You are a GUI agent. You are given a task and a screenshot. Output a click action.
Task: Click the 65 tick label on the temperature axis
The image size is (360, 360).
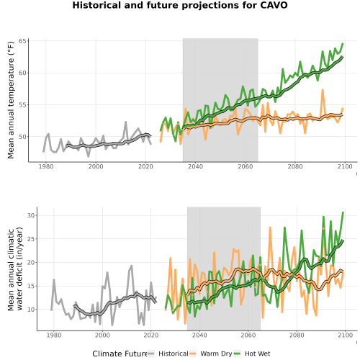(x=22, y=41)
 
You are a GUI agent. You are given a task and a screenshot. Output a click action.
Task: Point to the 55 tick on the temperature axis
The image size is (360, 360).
(x=22, y=105)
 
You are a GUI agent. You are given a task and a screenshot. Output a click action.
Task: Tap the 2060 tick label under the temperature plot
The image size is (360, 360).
(x=246, y=166)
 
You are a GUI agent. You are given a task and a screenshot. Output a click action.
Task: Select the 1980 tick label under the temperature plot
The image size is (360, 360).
(x=46, y=166)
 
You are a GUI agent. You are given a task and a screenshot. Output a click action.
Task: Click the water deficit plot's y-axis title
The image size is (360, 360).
(x=15, y=269)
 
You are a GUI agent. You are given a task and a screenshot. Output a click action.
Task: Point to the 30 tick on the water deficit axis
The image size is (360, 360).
(x=31, y=215)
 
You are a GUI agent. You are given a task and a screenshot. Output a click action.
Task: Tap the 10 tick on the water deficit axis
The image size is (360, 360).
(x=31, y=310)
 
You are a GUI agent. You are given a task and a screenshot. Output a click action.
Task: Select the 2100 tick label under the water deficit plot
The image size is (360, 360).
(x=345, y=335)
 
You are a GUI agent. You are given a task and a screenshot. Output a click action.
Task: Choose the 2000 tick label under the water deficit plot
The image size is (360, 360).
(x=102, y=335)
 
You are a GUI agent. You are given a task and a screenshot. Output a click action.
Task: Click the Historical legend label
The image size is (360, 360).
(x=174, y=354)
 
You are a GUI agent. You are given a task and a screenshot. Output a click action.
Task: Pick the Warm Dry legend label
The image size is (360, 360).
(x=216, y=354)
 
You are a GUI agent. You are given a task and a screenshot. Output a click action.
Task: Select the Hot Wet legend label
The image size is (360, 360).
(x=258, y=354)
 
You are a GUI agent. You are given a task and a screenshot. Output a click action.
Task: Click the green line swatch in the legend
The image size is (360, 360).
(x=237, y=354)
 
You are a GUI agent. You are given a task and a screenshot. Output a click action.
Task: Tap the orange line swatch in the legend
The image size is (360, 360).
(x=193, y=354)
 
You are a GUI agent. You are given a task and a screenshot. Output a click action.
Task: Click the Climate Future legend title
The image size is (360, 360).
(x=120, y=354)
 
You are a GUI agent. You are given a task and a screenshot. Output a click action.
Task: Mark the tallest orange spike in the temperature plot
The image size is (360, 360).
(x=323, y=90)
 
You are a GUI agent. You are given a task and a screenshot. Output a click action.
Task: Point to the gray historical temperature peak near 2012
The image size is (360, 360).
(x=125, y=122)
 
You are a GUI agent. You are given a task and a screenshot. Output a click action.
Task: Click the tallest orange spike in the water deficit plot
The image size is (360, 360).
(x=270, y=227)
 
